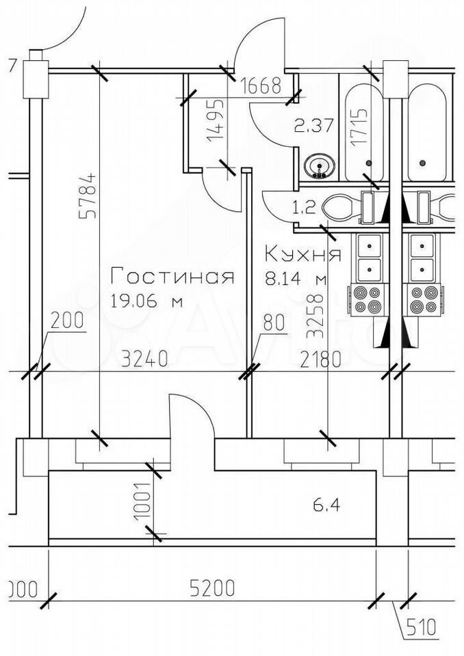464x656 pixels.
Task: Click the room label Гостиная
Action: [172, 277]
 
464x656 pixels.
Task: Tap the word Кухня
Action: [302, 255]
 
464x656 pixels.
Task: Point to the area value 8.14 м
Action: [295, 279]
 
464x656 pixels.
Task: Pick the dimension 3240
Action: [144, 359]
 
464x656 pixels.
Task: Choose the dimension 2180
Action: [320, 359]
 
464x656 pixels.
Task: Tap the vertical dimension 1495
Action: [214, 120]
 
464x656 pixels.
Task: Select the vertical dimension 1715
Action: [357, 126]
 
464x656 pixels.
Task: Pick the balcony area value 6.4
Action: [327, 506]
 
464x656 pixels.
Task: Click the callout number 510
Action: [422, 628]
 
